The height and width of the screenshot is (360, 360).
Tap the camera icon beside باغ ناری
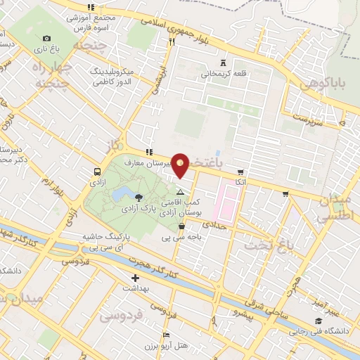[46, 38]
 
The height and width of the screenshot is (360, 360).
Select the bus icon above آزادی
[96, 171]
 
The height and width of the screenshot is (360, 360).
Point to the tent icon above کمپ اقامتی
[181, 191]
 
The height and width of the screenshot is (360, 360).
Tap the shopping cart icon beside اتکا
[240, 172]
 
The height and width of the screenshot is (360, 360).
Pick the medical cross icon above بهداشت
[135, 278]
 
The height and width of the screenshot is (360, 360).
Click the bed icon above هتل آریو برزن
[166, 334]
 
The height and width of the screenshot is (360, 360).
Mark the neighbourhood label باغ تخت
[264, 245]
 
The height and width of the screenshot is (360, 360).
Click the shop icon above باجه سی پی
[183, 226]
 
